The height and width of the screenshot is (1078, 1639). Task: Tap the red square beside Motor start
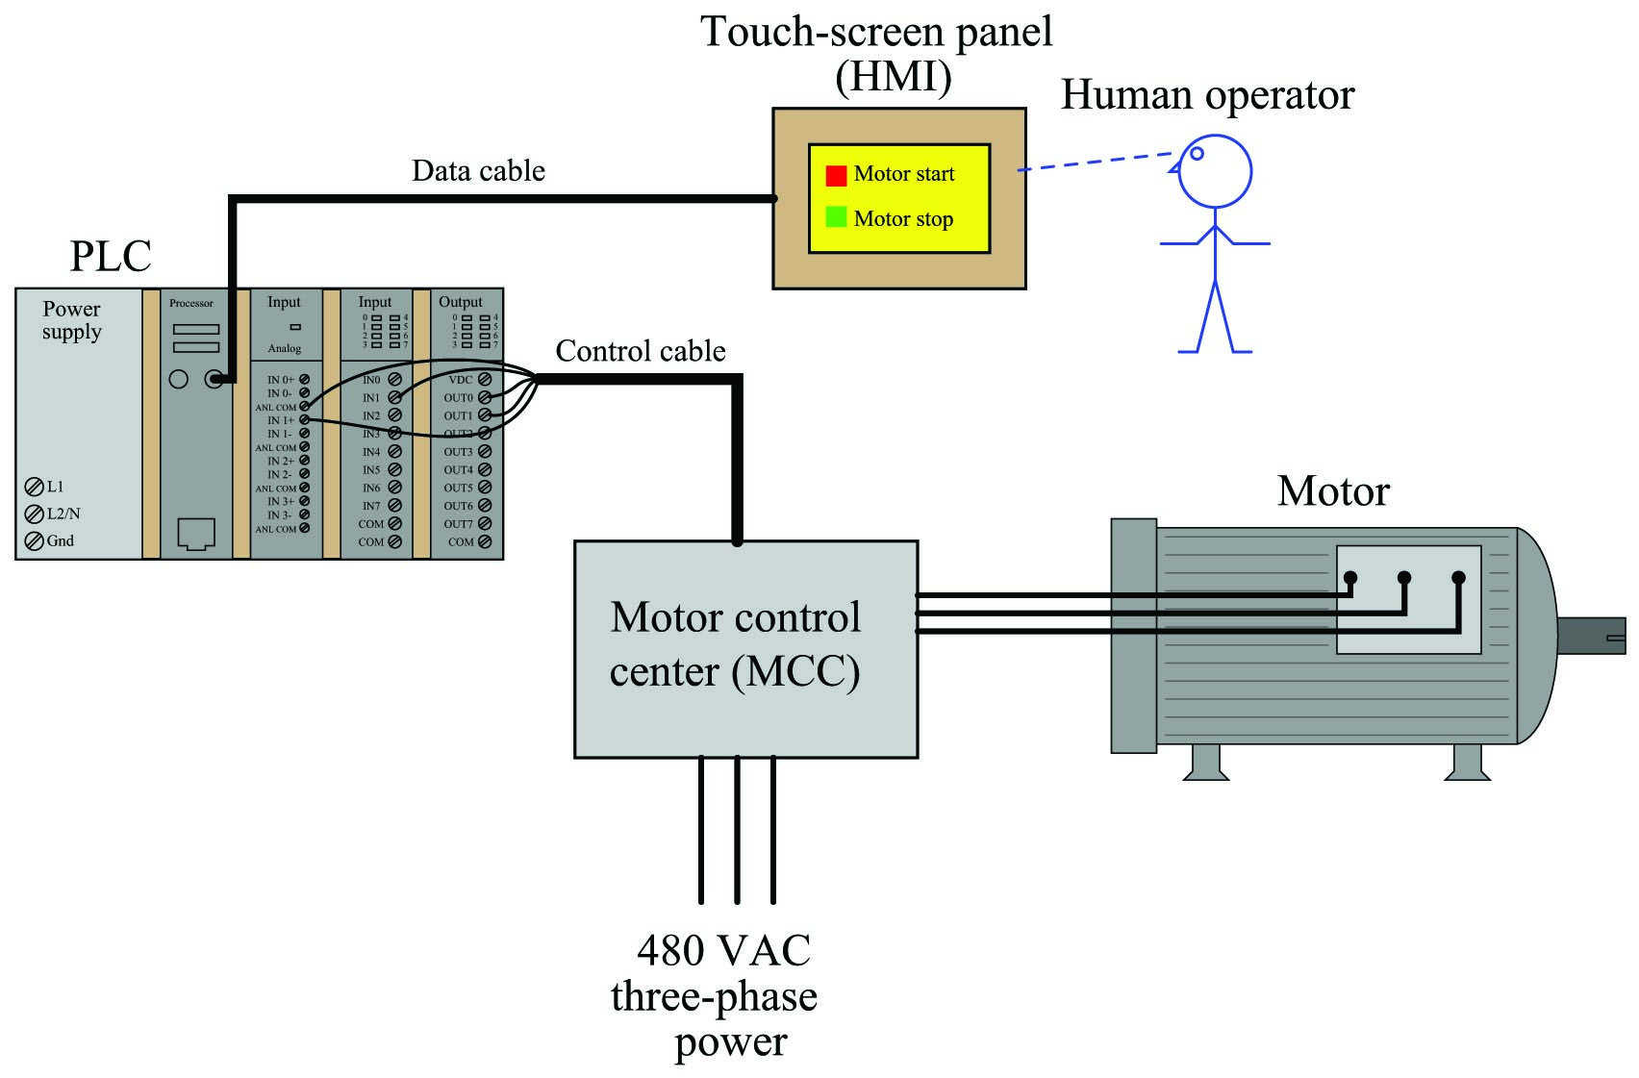(836, 176)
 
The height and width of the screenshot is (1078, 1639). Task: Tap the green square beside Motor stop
(836, 217)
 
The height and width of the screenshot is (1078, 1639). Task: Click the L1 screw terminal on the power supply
(34, 488)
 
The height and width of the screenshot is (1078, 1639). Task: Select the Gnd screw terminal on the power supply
(34, 541)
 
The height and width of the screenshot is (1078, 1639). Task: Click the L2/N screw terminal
(34, 514)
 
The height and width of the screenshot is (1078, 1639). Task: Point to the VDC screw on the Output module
(485, 380)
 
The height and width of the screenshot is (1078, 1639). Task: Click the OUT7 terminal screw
(485, 524)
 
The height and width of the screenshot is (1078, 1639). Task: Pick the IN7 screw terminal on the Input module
(394, 506)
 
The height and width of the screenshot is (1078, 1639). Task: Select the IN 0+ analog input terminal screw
(304, 380)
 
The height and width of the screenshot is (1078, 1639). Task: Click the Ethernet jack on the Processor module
(196, 534)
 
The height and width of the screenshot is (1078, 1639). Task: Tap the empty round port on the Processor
(179, 379)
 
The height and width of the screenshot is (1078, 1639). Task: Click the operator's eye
(1198, 154)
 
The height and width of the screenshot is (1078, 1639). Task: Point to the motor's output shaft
(1592, 637)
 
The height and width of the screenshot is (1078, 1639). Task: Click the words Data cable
(479, 170)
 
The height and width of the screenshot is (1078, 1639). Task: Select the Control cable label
(641, 351)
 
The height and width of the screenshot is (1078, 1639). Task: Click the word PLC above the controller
(111, 256)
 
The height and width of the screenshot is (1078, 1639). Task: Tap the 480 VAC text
(723, 950)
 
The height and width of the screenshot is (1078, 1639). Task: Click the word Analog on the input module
(285, 349)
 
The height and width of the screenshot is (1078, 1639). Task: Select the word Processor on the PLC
(191, 303)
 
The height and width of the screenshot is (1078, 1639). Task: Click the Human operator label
(1208, 95)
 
